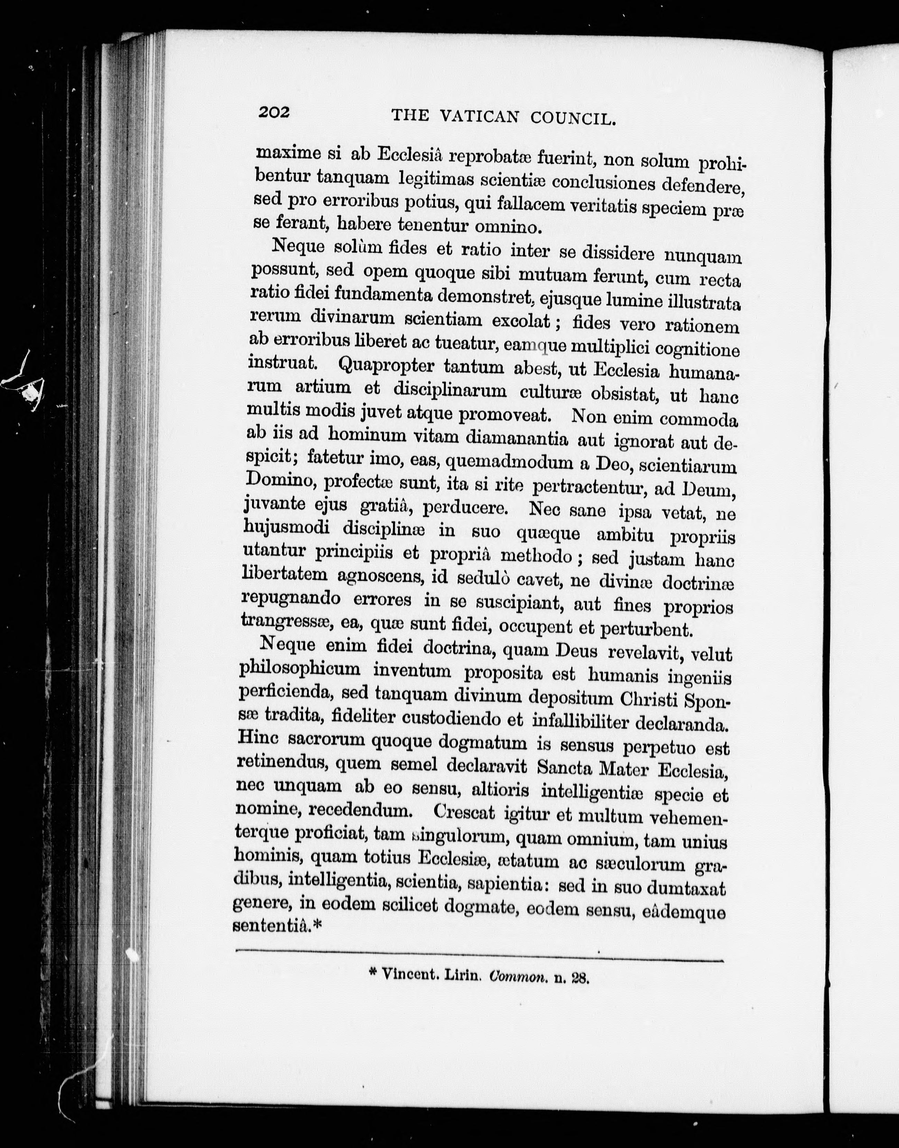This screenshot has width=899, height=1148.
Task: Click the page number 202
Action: coord(274,112)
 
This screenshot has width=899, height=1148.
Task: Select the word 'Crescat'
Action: coord(465,813)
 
